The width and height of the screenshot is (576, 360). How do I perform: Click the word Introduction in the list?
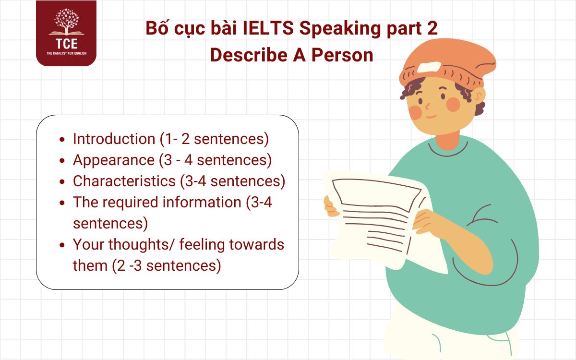click(114, 139)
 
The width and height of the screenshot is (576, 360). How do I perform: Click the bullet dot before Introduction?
click(62, 140)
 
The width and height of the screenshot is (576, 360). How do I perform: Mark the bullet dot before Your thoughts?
click(62, 245)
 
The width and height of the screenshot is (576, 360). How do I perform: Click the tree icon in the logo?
click(66, 22)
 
